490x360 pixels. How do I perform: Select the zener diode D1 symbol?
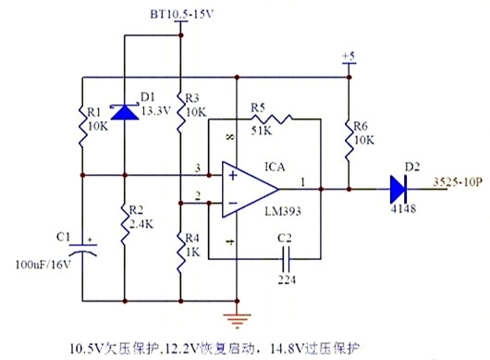(125, 112)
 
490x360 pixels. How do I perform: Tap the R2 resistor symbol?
(125, 223)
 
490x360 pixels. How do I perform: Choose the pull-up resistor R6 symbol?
(349, 135)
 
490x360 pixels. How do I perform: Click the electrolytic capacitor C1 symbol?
(83, 251)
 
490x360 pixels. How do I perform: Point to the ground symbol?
(239, 318)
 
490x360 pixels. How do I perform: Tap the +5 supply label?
(348, 57)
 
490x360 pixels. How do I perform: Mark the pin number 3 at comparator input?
(197, 168)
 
